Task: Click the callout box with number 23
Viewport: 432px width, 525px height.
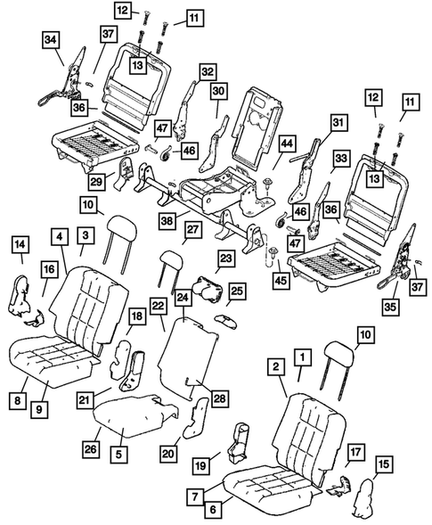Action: pos(225,258)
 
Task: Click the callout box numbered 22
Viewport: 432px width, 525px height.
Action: pos(158,306)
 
